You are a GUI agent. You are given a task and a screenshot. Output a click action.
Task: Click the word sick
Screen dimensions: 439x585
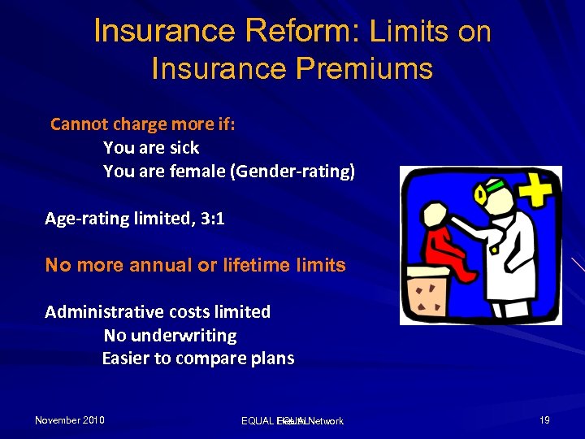pos(184,148)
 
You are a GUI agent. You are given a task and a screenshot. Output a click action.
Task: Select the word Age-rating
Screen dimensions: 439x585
pos(84,218)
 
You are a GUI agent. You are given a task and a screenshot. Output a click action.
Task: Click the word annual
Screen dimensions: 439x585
pos(145,265)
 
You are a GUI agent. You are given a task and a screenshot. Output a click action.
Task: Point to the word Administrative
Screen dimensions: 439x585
pos(101,312)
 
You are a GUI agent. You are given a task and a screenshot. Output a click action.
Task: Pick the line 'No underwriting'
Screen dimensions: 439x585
pos(170,335)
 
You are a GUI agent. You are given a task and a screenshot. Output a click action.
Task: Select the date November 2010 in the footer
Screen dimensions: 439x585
pos(70,420)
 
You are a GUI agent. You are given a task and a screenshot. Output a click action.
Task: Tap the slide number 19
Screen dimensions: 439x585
pos(544,420)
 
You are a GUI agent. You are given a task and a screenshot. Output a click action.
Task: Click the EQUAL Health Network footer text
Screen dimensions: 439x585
pos(292,421)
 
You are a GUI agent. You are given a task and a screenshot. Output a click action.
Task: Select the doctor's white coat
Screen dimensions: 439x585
pos(504,260)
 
